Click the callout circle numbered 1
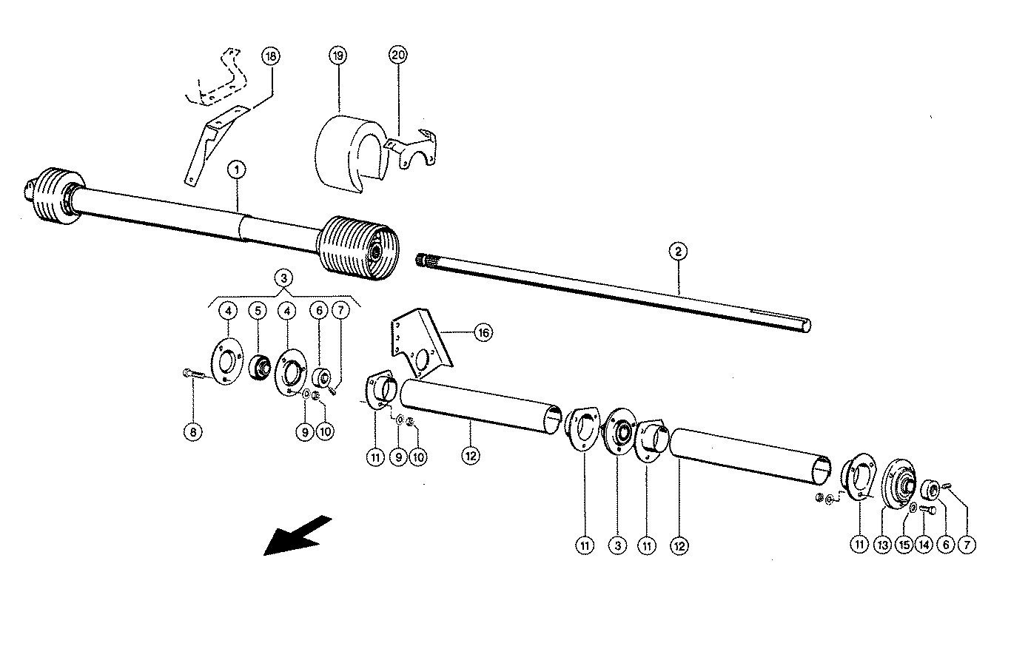coord(236,169)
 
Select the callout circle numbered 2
coord(677,252)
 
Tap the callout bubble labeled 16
coord(483,333)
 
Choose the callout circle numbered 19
coord(337,56)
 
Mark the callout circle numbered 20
coord(399,56)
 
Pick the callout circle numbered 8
coord(192,432)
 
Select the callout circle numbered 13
coord(881,545)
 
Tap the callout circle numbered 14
coord(924,545)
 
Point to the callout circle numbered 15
coord(903,545)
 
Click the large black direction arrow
coord(298,535)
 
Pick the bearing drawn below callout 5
coord(259,366)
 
